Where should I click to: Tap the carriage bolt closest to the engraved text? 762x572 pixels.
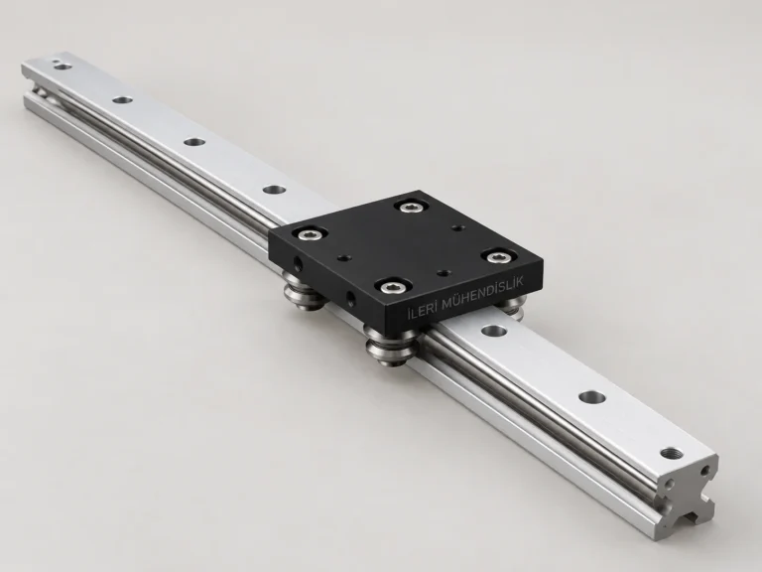pyautogui.click(x=391, y=286)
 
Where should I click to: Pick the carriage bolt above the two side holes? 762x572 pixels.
pyautogui.click(x=310, y=234)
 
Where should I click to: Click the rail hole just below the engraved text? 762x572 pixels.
pyautogui.click(x=494, y=332)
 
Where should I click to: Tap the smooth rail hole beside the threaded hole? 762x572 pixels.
pyautogui.click(x=592, y=397)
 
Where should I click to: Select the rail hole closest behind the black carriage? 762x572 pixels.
pyautogui.click(x=275, y=189)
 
